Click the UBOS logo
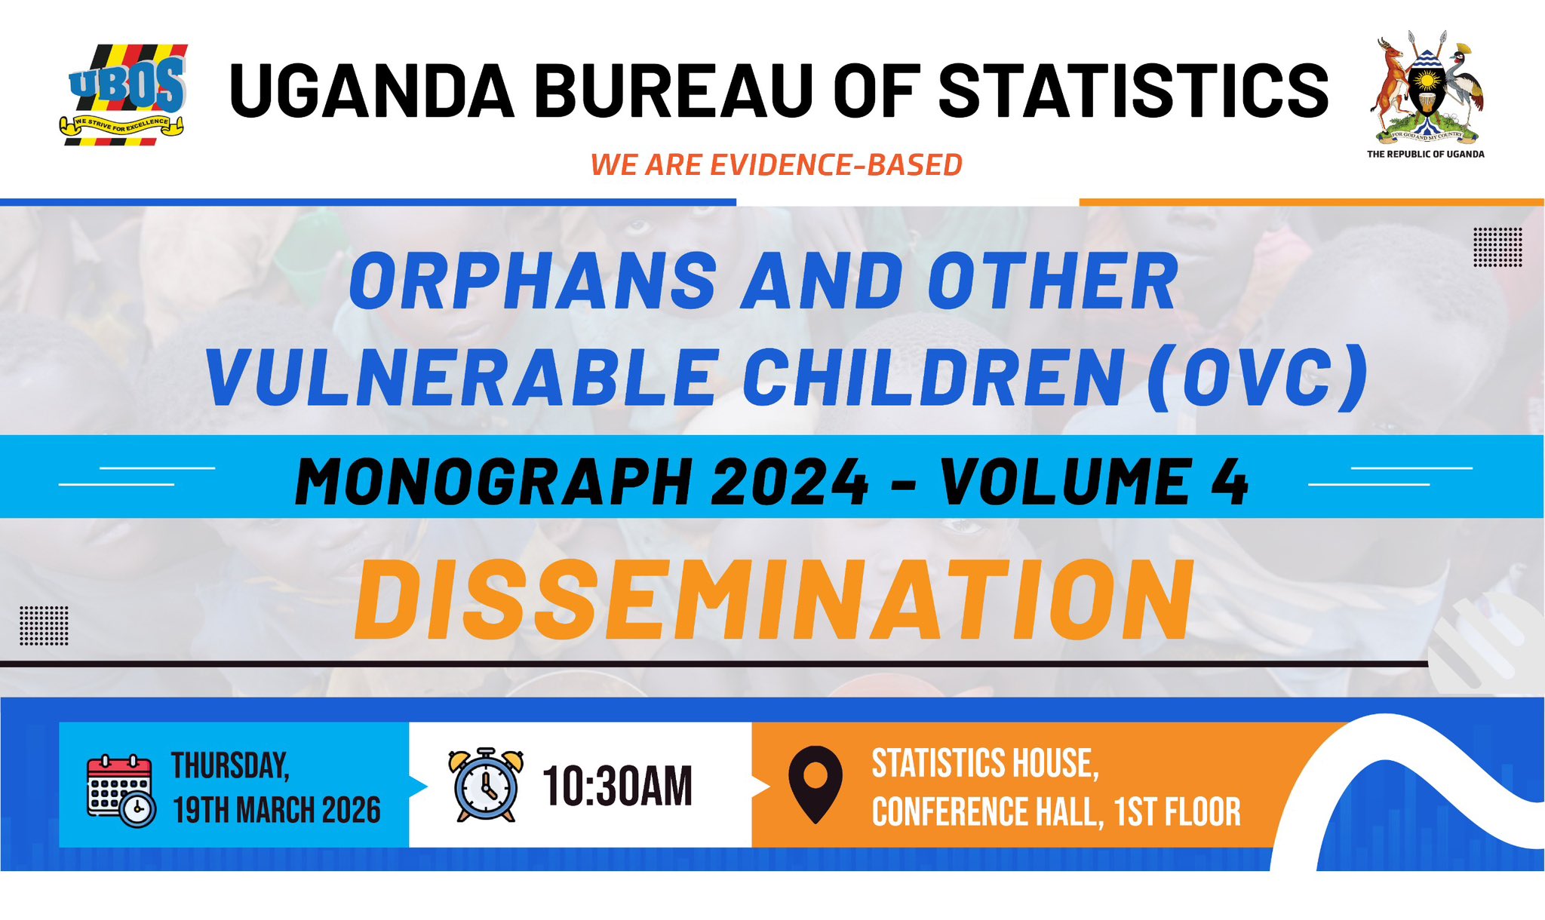[x=124, y=95]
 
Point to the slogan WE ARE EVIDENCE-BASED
[x=776, y=165]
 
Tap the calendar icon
[x=121, y=790]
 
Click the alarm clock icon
[x=486, y=785]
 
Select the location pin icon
[x=816, y=784]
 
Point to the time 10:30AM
[x=617, y=787]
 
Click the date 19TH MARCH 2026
[x=276, y=811]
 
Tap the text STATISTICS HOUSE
[x=985, y=763]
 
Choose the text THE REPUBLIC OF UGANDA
[x=1426, y=154]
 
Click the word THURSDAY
[x=230, y=765]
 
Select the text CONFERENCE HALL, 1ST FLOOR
[x=1056, y=812]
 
